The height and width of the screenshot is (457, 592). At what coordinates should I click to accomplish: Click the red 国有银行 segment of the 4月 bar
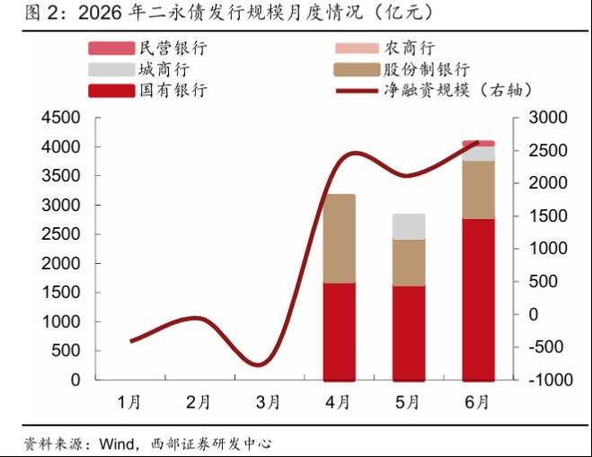tap(339, 331)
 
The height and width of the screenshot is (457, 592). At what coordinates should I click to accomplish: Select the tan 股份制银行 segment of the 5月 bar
tap(409, 263)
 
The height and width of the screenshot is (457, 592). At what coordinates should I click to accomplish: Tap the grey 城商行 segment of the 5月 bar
tap(409, 227)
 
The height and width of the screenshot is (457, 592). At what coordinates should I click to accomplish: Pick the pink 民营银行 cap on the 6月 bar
tap(478, 144)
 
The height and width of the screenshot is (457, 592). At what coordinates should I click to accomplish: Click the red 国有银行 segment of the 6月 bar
tap(478, 300)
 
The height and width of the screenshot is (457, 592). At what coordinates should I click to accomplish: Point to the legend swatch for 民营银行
tap(111, 48)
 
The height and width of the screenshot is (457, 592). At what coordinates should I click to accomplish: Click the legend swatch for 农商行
tap(357, 48)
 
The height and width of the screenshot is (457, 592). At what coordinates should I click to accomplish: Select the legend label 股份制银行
tap(427, 69)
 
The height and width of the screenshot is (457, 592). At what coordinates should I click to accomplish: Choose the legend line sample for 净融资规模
tap(357, 91)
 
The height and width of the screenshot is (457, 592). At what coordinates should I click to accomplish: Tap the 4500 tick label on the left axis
tap(61, 118)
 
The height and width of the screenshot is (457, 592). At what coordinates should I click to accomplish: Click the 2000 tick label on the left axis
tap(61, 263)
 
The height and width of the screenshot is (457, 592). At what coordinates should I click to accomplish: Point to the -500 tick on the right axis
tap(546, 347)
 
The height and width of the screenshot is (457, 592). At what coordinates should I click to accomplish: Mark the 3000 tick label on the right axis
tap(548, 118)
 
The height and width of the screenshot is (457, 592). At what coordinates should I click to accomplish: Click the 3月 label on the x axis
tap(268, 402)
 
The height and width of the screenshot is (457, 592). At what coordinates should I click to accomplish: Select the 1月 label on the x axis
tap(128, 402)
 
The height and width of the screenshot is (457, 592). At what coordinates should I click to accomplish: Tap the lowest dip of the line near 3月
tap(259, 365)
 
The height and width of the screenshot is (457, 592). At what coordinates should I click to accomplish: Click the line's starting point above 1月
tap(130, 341)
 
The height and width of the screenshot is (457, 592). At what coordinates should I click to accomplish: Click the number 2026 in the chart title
tap(100, 13)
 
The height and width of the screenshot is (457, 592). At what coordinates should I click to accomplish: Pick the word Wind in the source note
tap(117, 444)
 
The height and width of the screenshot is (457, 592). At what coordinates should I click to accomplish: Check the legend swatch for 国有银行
tap(111, 91)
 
